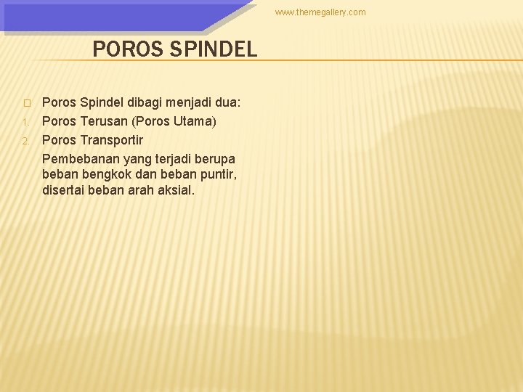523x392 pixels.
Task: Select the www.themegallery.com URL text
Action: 320,12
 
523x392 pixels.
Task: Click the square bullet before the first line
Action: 25,104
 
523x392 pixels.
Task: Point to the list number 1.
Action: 25,122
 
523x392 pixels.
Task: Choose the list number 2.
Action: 25,140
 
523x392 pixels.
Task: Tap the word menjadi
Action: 179,103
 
